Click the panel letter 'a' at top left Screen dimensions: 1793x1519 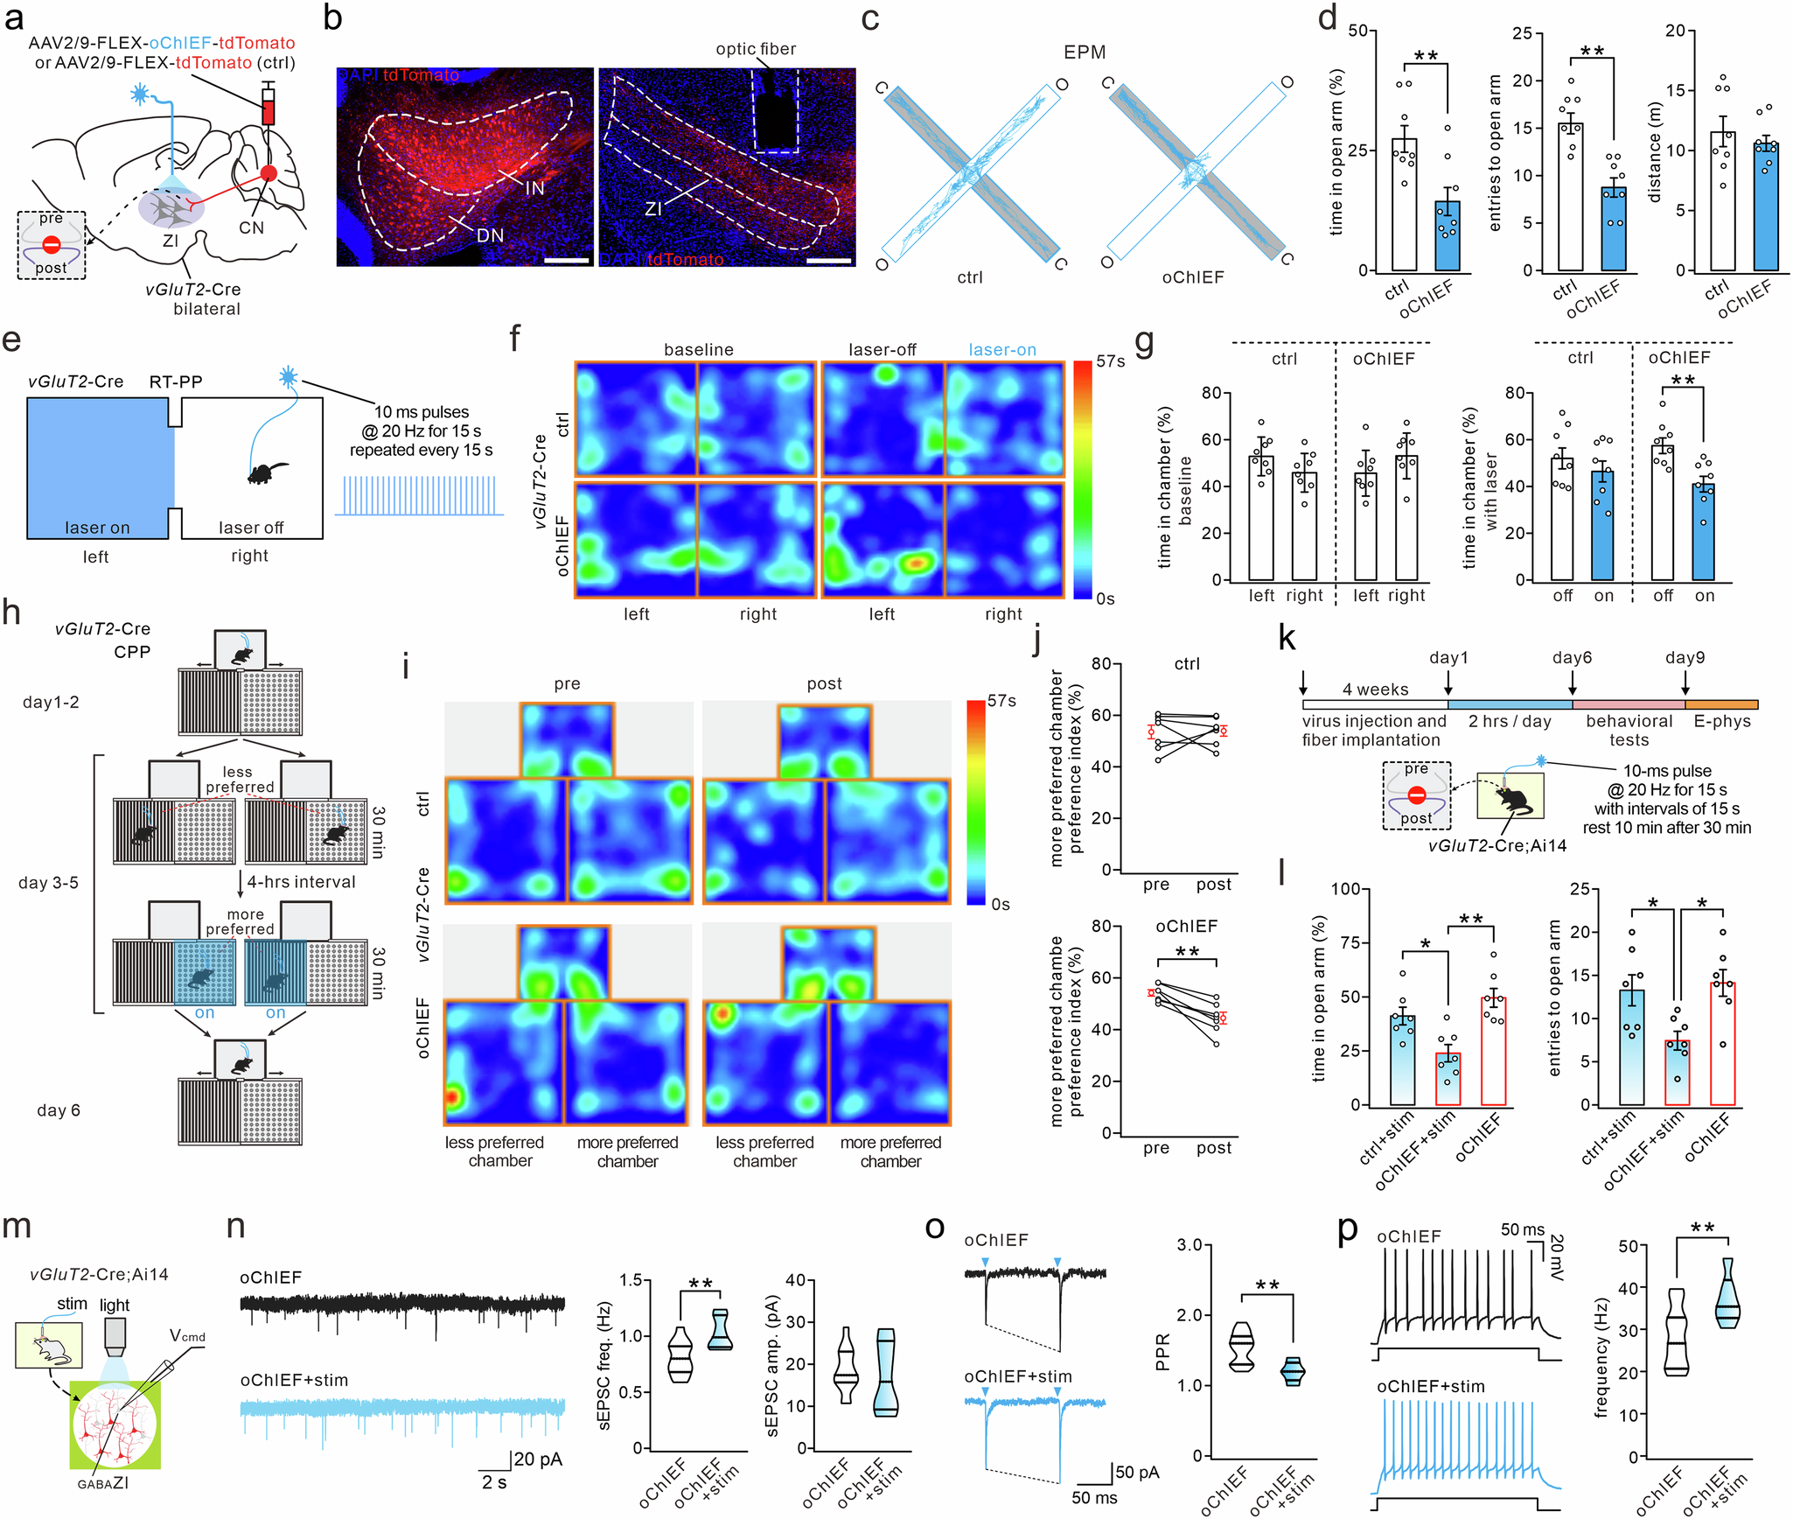point(14,19)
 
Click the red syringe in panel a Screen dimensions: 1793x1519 point(269,109)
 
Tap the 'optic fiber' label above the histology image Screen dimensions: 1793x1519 point(756,49)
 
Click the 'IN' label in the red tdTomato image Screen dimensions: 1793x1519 point(534,188)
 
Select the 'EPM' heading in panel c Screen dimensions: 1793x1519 point(1085,52)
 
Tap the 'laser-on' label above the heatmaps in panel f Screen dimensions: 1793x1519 point(1001,350)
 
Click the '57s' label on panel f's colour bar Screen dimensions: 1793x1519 point(1111,361)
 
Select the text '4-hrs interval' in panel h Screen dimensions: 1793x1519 point(301,882)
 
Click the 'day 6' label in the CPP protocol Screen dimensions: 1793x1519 point(59,1110)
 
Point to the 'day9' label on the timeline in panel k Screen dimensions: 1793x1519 point(1685,658)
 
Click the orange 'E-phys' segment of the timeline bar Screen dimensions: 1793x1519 point(1721,704)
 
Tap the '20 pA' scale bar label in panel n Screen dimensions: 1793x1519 point(538,1459)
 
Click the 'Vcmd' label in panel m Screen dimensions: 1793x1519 point(187,1336)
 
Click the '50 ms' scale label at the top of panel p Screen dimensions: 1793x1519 point(1523,1230)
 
